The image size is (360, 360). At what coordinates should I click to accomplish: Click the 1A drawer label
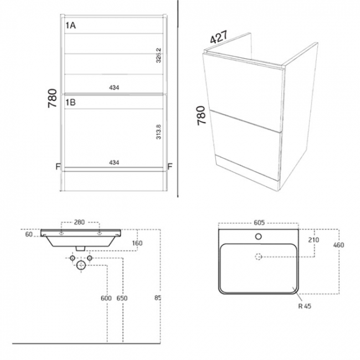(x=71, y=25)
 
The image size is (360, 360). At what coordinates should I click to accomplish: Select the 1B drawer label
(x=71, y=103)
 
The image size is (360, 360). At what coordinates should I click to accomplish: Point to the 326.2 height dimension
(x=160, y=56)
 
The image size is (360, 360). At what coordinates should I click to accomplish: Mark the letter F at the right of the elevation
(x=170, y=166)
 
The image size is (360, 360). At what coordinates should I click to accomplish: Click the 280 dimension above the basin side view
(x=79, y=222)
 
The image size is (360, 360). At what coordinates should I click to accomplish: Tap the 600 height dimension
(x=106, y=299)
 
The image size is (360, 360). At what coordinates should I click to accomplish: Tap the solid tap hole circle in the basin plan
(x=259, y=236)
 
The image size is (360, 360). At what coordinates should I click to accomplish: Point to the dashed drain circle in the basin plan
(x=259, y=256)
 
